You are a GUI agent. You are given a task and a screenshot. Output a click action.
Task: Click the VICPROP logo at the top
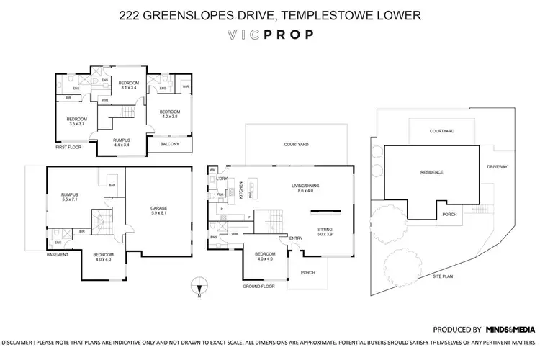tap(269, 35)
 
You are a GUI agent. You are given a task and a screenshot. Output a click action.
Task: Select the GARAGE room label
tap(158, 210)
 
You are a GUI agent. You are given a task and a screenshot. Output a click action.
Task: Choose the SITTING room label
tap(325, 232)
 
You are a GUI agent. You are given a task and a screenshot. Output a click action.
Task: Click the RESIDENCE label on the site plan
tap(431, 172)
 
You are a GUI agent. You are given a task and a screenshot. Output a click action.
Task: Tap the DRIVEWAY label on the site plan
tap(498, 166)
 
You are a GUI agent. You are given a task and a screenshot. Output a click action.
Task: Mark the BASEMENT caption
tap(58, 255)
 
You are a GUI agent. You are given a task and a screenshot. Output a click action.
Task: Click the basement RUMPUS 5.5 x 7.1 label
tap(70, 196)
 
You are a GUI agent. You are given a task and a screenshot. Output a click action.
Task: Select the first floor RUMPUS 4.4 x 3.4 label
tap(122, 143)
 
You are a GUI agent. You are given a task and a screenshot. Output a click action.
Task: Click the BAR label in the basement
tap(112, 185)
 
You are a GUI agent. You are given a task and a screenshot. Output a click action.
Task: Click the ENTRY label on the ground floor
tap(296, 238)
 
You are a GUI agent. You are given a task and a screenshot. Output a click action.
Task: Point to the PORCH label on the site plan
tap(450, 213)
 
